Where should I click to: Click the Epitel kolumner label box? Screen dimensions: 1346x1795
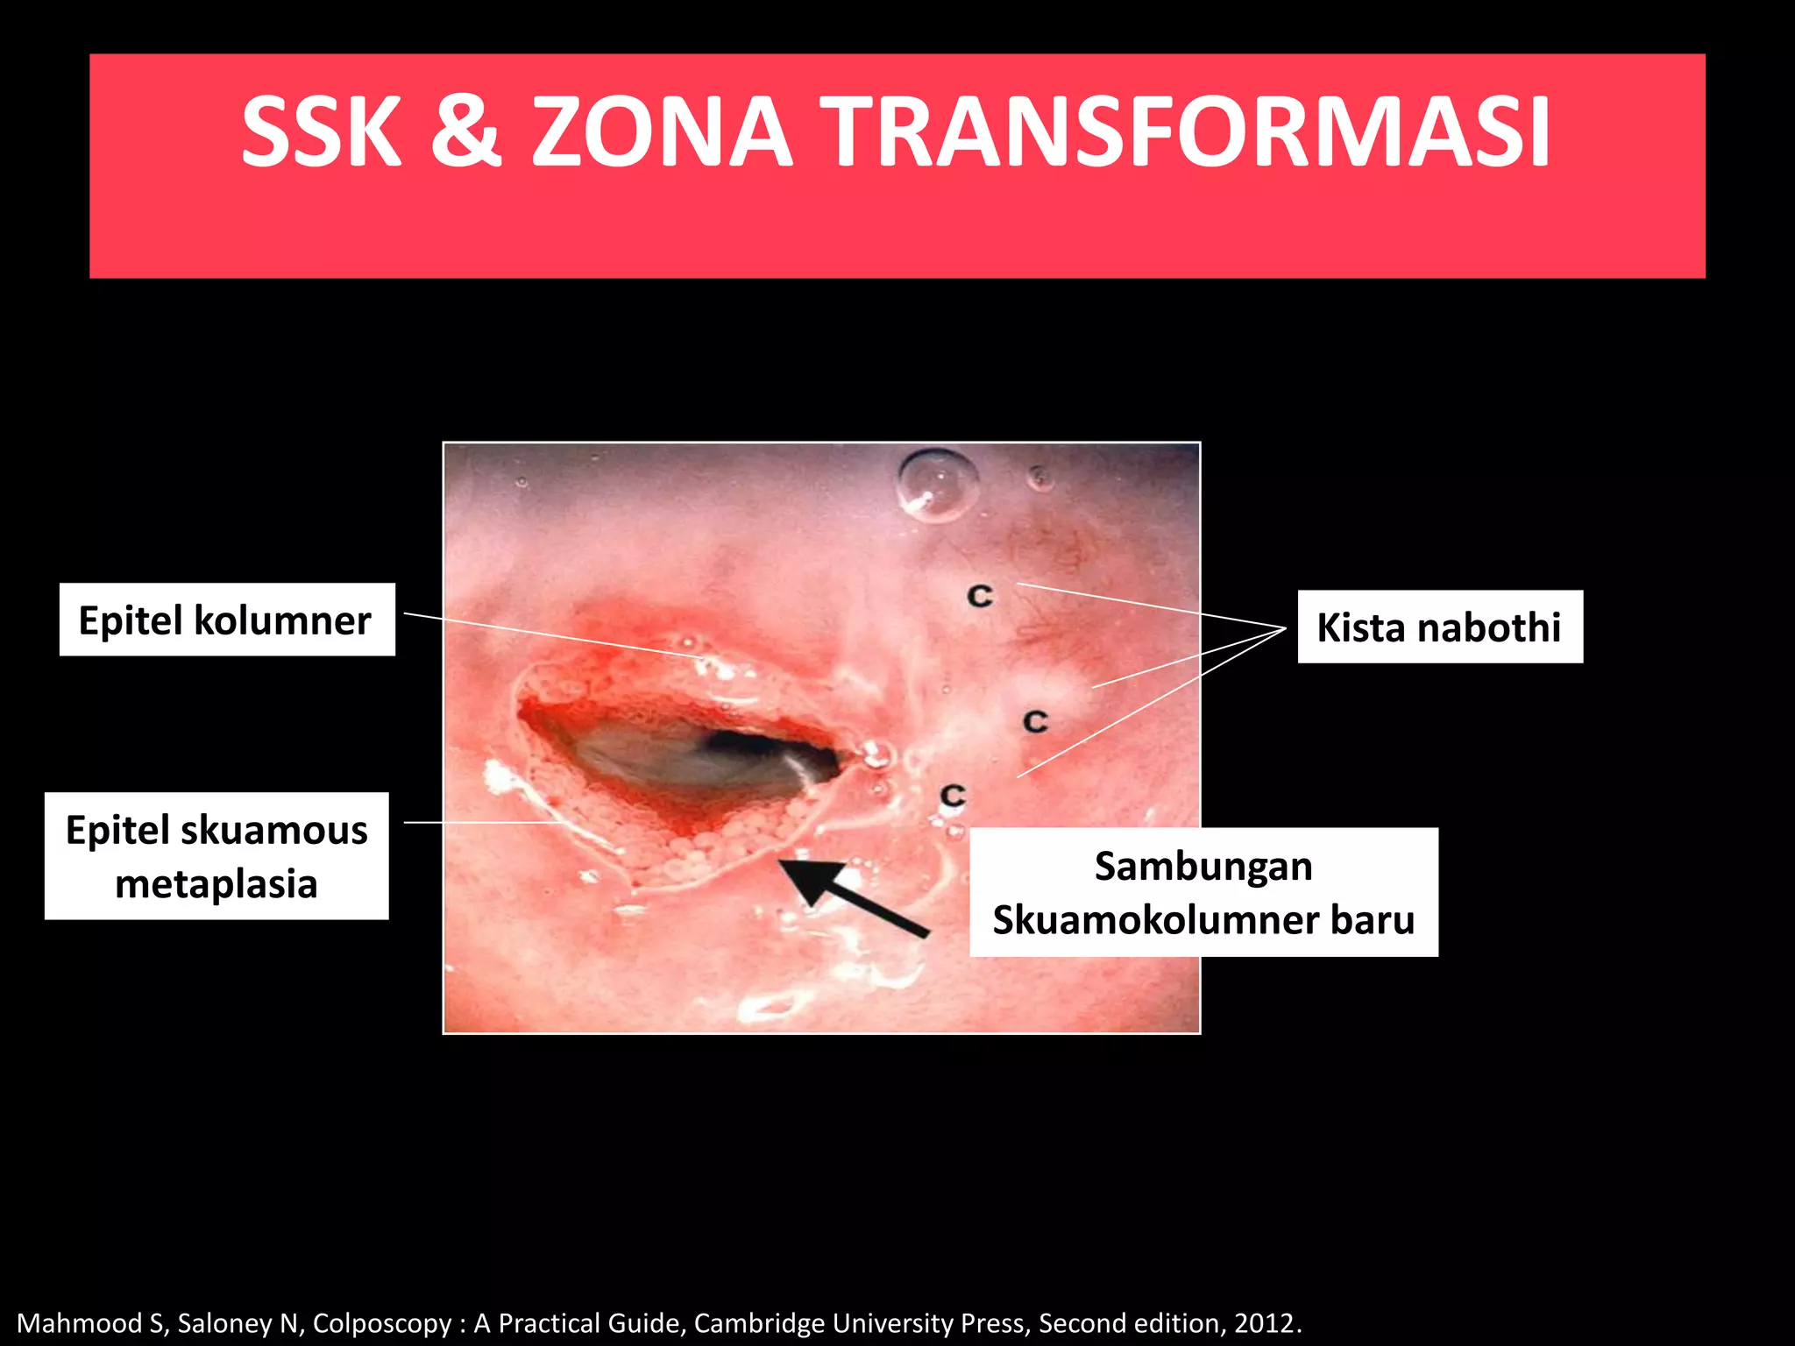(x=226, y=620)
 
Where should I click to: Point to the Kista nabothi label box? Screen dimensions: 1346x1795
(x=1439, y=627)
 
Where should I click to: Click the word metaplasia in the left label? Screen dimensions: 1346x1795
(x=216, y=883)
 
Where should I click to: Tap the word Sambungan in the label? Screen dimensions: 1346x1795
(x=1203, y=867)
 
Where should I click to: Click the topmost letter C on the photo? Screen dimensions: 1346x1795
(x=980, y=597)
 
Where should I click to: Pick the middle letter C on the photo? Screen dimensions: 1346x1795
(x=1036, y=722)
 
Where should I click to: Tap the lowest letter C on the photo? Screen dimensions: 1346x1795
(x=953, y=796)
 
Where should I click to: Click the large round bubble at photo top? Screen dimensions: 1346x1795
(x=936, y=485)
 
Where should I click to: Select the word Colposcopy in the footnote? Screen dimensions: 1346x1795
(x=382, y=1322)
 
